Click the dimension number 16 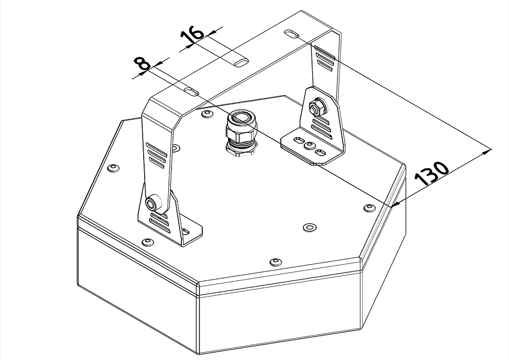(192, 35)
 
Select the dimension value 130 (432, 174)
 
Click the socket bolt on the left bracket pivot (152, 203)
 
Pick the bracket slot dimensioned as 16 (241, 63)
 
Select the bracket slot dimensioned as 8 (191, 91)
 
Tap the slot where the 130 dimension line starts (292, 34)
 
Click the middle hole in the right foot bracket (309, 145)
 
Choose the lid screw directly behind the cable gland (207, 113)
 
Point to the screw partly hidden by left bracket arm (175, 148)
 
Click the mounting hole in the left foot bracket (186, 231)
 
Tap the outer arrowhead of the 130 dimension (487, 151)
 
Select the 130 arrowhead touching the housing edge (396, 203)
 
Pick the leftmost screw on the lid (113, 168)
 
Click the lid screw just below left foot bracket (148, 242)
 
